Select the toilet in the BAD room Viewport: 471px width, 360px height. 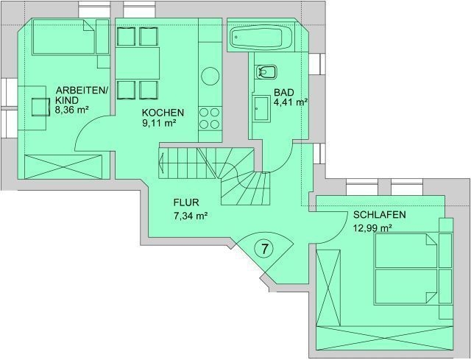[266, 72]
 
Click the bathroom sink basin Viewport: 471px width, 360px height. [262, 109]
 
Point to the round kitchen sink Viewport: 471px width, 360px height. [210, 77]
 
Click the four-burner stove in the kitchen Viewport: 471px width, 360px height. [210, 119]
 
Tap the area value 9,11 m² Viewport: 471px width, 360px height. [159, 124]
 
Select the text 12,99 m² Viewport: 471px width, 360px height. [372, 228]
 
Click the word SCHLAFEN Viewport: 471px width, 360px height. [380, 215]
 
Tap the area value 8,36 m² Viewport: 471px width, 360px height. [71, 110]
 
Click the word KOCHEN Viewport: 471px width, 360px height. [163, 113]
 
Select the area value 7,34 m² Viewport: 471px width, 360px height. [191, 216]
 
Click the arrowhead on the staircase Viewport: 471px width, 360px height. [162, 163]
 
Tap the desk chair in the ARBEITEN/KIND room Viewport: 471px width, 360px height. [40, 107]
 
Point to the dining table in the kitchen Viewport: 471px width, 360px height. [138, 63]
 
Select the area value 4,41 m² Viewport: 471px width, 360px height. [290, 102]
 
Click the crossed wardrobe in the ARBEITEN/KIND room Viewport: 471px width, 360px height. [63, 167]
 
